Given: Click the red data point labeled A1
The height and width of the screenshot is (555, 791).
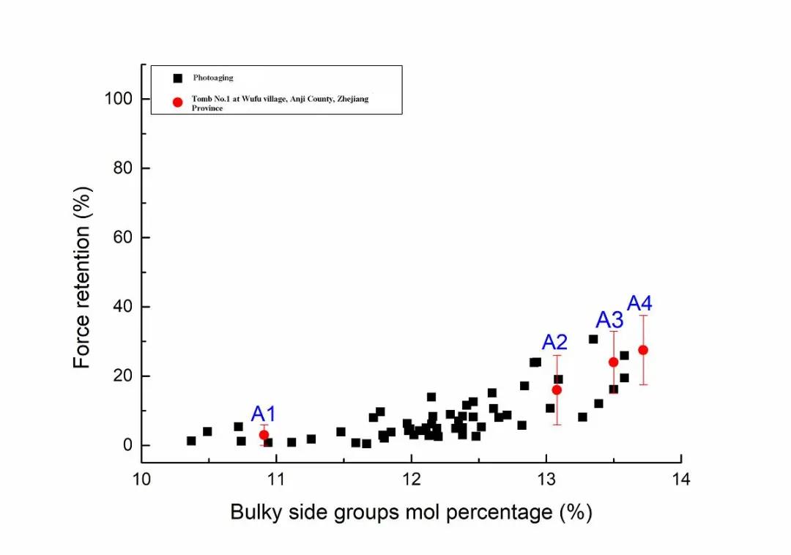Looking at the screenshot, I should pyautogui.click(x=264, y=435).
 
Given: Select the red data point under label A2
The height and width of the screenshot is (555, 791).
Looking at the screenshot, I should pyautogui.click(x=557, y=390).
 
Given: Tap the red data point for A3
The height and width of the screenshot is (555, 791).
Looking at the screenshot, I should pyautogui.click(x=613, y=362).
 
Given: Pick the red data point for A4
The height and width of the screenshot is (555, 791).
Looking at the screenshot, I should pyautogui.click(x=643, y=350).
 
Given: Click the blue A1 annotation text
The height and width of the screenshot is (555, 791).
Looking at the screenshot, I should pyautogui.click(x=264, y=413).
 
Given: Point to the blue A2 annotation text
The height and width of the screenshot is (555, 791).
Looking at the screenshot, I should pyautogui.click(x=554, y=342).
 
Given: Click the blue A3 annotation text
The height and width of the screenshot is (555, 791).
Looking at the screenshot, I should pyautogui.click(x=609, y=320).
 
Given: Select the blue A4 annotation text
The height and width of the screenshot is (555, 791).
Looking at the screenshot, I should pyautogui.click(x=639, y=303).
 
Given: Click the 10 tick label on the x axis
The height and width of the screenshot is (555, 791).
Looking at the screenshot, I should pyautogui.click(x=141, y=480).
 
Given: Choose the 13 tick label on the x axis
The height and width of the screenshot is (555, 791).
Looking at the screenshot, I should pyautogui.click(x=546, y=480).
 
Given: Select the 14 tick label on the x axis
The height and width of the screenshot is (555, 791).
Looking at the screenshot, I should pyautogui.click(x=681, y=480).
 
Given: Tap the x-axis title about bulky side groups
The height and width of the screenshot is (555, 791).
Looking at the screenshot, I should pyautogui.click(x=411, y=512).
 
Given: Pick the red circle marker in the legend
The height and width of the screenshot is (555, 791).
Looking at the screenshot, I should pyautogui.click(x=177, y=102).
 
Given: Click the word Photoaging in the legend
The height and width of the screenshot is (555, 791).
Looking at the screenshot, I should pyautogui.click(x=213, y=78).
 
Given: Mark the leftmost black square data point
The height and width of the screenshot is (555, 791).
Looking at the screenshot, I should pyautogui.click(x=191, y=441).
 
